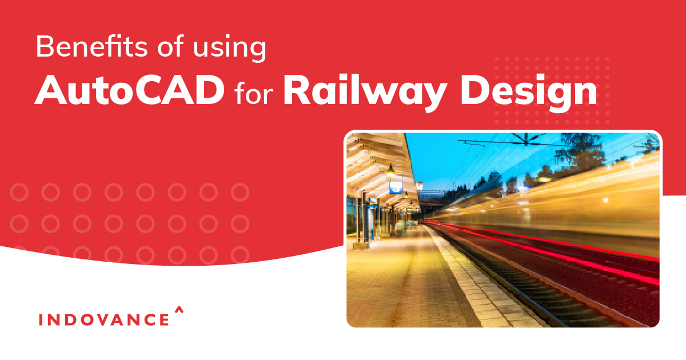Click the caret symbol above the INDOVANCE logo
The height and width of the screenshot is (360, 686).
pos(179,309)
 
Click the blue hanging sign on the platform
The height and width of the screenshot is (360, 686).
pos(396,187)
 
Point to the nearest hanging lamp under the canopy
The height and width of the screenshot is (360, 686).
pos(390,170)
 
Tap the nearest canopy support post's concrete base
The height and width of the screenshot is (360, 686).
pos(361,245)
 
